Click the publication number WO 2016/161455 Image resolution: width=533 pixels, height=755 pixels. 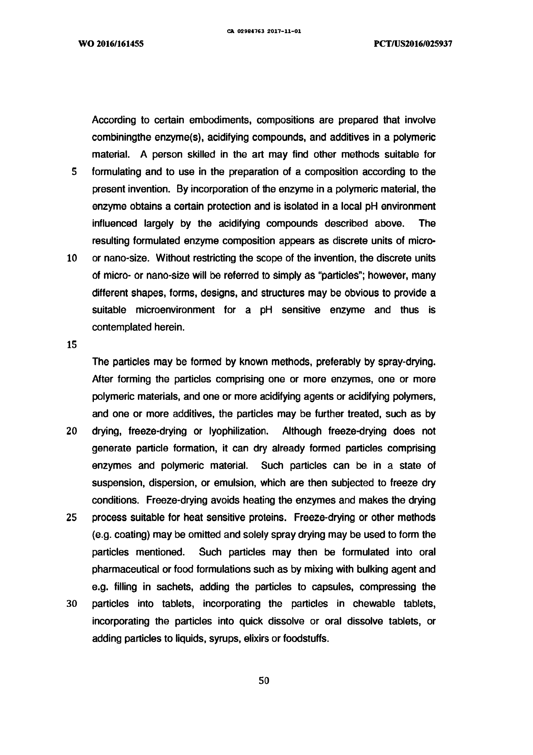[x=111, y=44]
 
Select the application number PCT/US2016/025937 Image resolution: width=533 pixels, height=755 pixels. [x=413, y=44]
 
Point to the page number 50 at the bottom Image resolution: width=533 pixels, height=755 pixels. [x=264, y=680]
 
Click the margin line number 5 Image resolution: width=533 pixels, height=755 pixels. [x=74, y=172]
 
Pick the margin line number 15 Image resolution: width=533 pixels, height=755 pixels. [x=72, y=345]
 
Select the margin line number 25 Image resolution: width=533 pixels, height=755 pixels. [x=72, y=518]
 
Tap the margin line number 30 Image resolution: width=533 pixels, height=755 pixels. [x=72, y=604]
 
